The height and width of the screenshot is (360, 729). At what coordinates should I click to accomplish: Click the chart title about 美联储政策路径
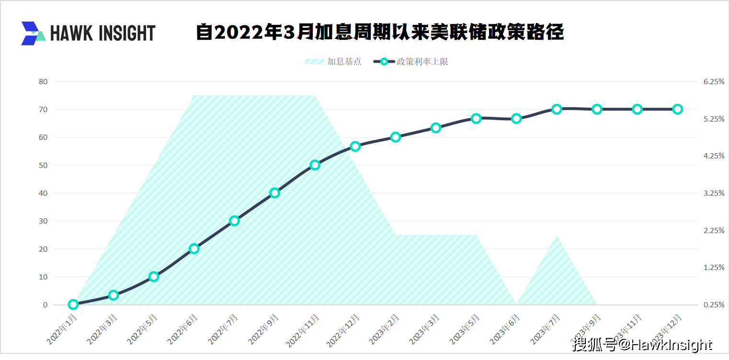click(x=380, y=33)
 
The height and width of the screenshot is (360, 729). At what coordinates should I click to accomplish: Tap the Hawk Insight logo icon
click(x=33, y=33)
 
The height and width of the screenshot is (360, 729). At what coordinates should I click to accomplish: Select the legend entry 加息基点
click(x=333, y=62)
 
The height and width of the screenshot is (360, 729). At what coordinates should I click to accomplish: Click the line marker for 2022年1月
click(x=73, y=304)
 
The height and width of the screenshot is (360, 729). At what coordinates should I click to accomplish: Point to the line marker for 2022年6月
click(x=194, y=248)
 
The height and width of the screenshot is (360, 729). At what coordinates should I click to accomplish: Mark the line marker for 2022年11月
click(x=315, y=165)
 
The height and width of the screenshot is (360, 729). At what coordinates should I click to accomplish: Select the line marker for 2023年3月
click(x=436, y=128)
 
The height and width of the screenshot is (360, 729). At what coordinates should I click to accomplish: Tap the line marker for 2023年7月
click(x=557, y=109)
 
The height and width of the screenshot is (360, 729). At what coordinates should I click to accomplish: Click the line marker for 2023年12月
click(x=677, y=109)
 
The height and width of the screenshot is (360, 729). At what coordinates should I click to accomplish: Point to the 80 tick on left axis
click(x=43, y=82)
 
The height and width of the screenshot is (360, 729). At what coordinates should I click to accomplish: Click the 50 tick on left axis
click(x=43, y=166)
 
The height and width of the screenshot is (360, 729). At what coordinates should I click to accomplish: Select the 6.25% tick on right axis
click(x=714, y=82)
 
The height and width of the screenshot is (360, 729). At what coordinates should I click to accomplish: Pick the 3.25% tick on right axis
click(x=714, y=193)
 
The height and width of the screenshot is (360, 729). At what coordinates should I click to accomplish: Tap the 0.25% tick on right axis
click(x=714, y=305)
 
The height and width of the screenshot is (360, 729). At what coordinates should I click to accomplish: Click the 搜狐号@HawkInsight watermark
click(x=642, y=345)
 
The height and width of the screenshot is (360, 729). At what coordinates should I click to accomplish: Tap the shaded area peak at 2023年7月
click(x=557, y=237)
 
